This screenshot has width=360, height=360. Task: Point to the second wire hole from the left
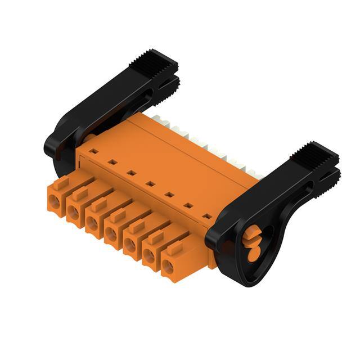pos(73,212)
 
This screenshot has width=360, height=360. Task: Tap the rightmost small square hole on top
pos(206,215)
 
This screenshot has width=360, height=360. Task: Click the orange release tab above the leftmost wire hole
pos(63,181)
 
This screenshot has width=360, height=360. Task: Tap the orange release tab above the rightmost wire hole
pos(176,247)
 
